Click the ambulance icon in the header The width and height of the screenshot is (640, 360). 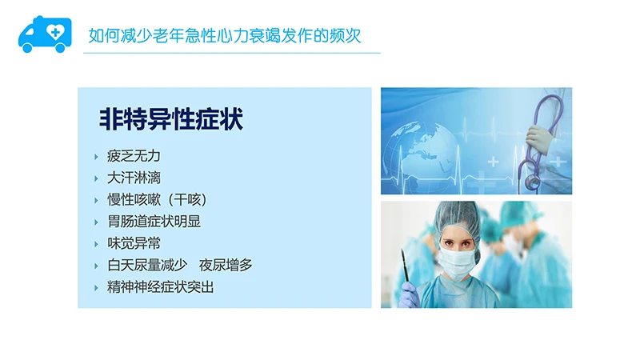pos(44,34)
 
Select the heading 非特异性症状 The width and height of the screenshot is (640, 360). pos(170,120)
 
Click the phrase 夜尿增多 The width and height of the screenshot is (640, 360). pos(226,265)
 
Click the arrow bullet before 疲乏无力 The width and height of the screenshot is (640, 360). pos(97,157)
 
